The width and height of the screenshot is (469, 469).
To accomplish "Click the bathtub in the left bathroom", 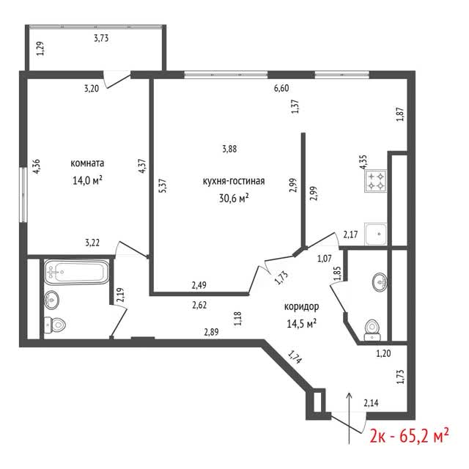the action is pyautogui.click(x=76, y=272).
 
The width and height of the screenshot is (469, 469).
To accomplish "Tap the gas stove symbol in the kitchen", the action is pyautogui.click(x=375, y=181).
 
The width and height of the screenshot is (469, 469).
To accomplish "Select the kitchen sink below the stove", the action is pyautogui.click(x=376, y=234).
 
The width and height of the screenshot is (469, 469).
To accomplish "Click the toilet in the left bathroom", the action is pyautogui.click(x=55, y=325).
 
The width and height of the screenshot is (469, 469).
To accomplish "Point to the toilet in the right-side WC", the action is pyautogui.click(x=372, y=330).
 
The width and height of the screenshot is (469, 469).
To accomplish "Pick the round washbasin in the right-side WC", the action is pyautogui.click(x=380, y=281).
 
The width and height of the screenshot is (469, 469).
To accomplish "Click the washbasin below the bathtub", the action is pyautogui.click(x=51, y=300).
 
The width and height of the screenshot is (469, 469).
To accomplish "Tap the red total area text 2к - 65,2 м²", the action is pyautogui.click(x=409, y=436).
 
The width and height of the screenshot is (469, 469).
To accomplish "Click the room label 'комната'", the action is pyautogui.click(x=87, y=163).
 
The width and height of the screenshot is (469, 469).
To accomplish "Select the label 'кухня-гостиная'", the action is pyautogui.click(x=234, y=181).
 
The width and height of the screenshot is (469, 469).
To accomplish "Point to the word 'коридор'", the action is pyautogui.click(x=301, y=306).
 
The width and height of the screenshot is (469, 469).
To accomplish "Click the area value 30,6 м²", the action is pyautogui.click(x=234, y=198).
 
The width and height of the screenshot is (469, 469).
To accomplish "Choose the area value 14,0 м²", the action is pyautogui.click(x=87, y=180).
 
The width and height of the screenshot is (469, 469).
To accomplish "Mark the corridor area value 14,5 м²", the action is pyautogui.click(x=302, y=324).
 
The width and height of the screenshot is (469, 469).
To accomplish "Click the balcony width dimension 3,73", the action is pyautogui.click(x=101, y=38).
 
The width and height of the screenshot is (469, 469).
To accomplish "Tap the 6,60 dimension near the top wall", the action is pyautogui.click(x=281, y=88).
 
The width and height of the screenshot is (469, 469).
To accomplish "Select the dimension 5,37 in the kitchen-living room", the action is pyautogui.click(x=164, y=185).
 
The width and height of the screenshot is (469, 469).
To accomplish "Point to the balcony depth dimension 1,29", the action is pyautogui.click(x=40, y=48).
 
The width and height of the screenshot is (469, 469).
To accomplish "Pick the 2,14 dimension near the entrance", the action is pyautogui.click(x=371, y=403).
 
